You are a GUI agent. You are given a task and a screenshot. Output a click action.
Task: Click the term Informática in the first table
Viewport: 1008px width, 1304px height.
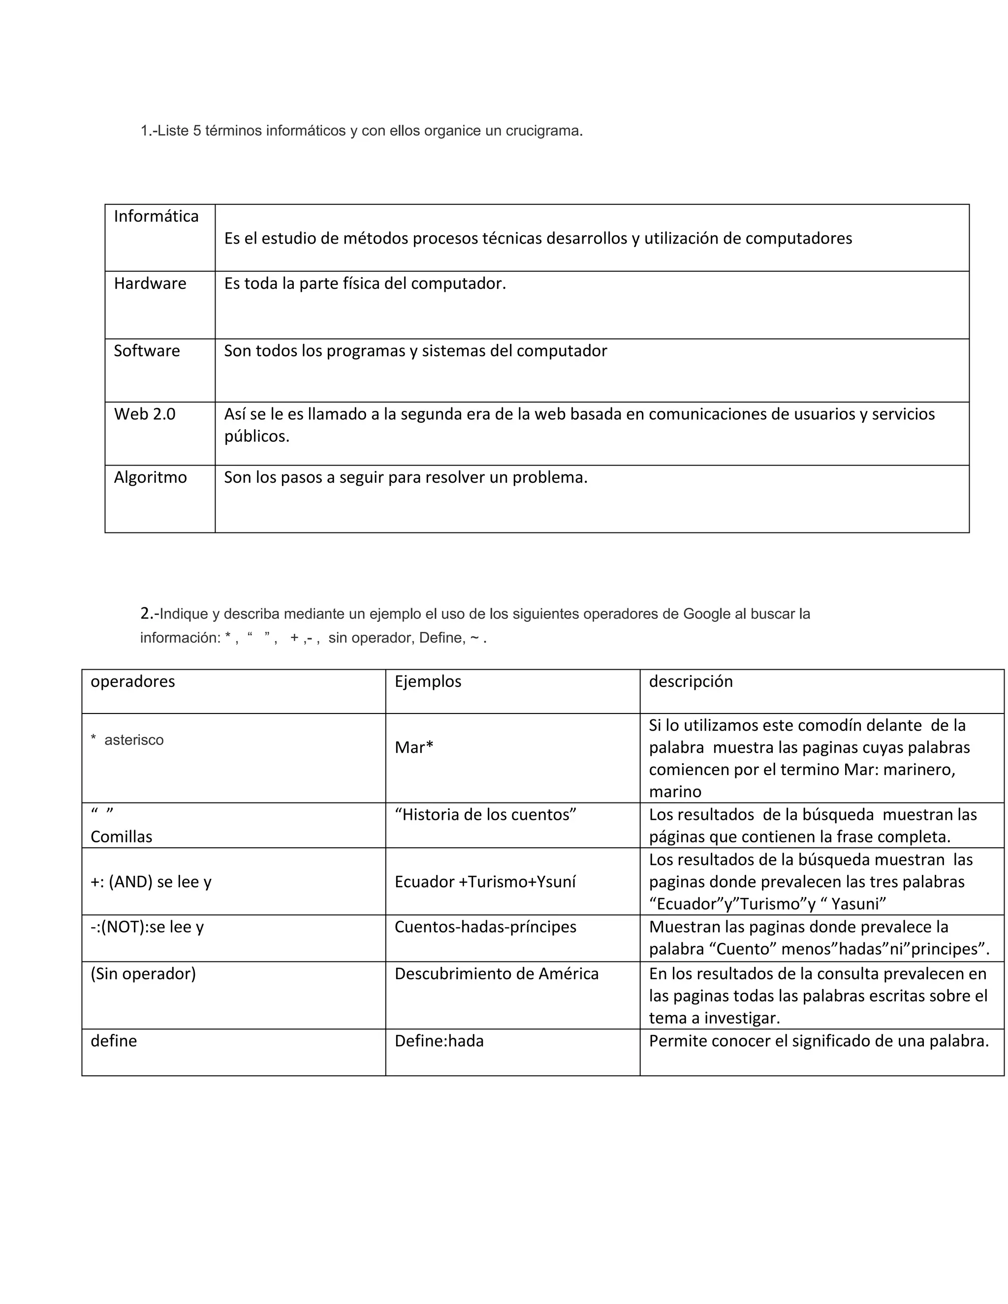click(156, 216)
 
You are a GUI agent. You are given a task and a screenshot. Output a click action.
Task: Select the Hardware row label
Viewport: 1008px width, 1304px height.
click(150, 283)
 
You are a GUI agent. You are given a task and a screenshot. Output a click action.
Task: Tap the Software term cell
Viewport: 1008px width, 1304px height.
click(147, 350)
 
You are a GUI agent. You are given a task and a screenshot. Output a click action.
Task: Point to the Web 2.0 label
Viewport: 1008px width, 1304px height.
click(145, 414)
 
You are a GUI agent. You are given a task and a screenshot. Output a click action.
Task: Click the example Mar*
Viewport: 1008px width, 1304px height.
click(414, 747)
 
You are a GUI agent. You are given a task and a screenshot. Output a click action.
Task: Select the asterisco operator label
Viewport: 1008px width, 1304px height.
click(133, 741)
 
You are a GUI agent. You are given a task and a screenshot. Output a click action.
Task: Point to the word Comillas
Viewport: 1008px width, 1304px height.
click(121, 837)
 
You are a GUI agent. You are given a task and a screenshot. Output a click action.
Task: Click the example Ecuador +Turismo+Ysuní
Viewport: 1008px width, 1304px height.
click(485, 882)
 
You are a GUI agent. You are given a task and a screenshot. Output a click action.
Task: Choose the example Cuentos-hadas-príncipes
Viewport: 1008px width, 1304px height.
click(485, 927)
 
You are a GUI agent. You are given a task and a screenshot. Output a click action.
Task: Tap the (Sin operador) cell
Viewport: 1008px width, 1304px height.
click(143, 974)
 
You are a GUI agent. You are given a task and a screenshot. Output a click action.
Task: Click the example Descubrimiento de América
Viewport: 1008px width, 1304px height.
click(496, 974)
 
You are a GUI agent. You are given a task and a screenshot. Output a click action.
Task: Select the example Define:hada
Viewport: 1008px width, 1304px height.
click(439, 1041)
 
